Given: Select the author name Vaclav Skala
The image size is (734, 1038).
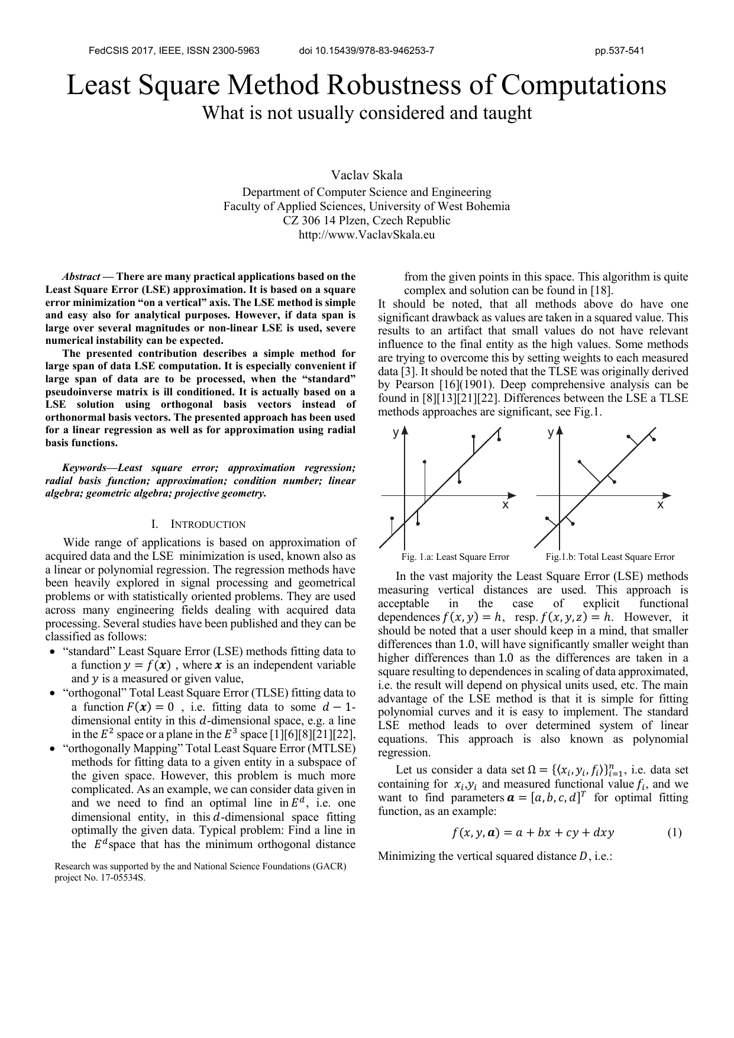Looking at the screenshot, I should (x=367, y=175).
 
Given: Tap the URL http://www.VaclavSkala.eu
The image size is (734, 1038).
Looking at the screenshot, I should (x=367, y=234).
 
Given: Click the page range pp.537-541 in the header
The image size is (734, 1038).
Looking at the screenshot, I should (x=619, y=50).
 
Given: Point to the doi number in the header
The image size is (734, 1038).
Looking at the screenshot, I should (x=367, y=50).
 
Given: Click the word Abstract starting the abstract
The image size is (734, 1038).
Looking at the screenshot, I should (x=81, y=276).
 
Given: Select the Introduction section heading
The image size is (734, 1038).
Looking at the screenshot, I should (x=207, y=524).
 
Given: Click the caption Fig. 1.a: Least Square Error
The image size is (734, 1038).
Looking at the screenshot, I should (x=455, y=557).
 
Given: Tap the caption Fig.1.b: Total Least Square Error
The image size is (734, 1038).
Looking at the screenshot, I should (x=610, y=557).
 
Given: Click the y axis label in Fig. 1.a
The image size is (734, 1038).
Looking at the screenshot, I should (x=396, y=434).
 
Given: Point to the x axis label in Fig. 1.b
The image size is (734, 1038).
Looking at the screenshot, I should (x=661, y=505).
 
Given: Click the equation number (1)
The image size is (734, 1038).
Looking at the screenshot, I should (x=674, y=833).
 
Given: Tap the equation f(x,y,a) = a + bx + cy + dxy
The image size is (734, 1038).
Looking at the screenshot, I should (x=532, y=833).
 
